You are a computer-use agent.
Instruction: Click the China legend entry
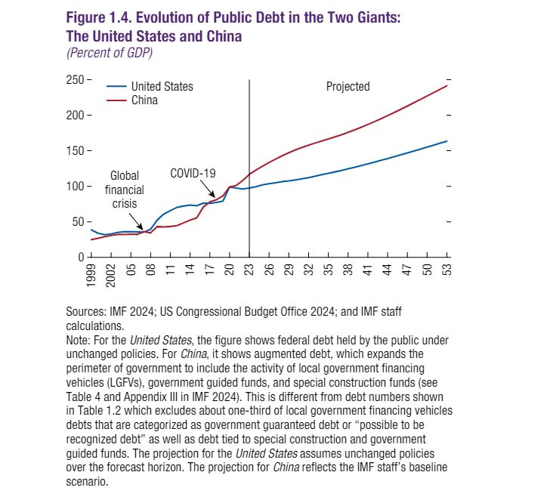coord(144,100)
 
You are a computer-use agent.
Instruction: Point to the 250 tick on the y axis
coord(75,79)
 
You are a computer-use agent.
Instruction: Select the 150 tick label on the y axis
coord(75,150)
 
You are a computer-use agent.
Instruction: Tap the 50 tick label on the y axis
coord(78,221)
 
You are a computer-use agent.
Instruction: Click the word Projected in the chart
coord(348,86)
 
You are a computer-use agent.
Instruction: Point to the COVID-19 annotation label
coord(193,173)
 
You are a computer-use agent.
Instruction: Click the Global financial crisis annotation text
coord(125,190)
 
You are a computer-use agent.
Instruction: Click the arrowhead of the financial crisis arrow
coord(144,230)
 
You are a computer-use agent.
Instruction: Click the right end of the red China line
coord(447,85)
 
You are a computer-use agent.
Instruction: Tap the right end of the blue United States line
coord(447,141)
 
